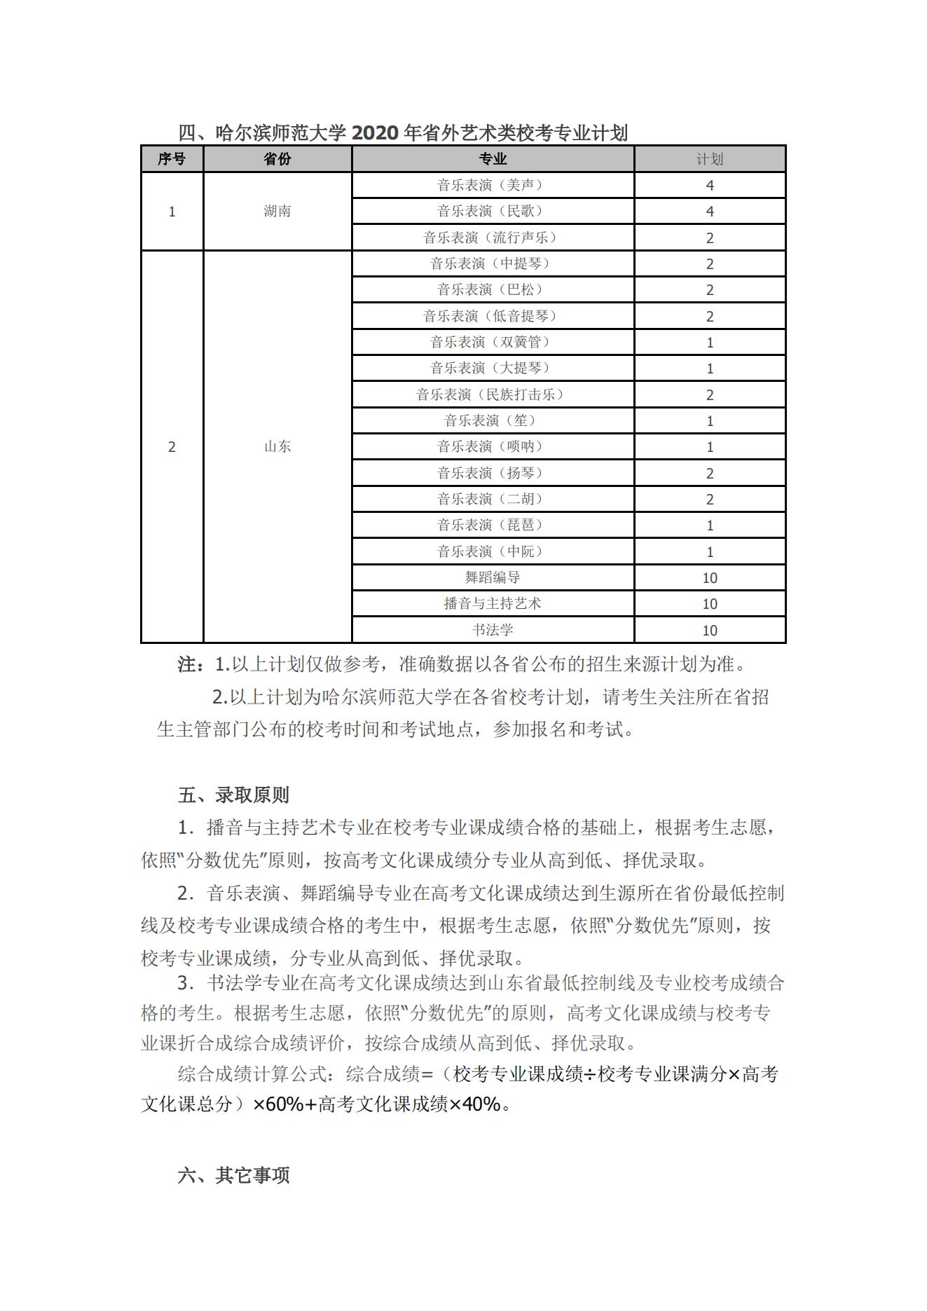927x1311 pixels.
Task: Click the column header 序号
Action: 172,159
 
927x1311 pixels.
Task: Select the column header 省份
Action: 277,159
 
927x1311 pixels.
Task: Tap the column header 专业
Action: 492,159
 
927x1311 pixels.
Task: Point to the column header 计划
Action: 709,159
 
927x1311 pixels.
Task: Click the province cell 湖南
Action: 277,211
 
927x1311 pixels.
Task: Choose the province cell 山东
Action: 277,446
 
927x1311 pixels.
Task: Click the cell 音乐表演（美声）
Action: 492,185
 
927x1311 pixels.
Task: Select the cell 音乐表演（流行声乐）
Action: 492,238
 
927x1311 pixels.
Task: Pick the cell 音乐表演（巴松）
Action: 492,289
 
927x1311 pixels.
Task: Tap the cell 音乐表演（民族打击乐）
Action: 492,394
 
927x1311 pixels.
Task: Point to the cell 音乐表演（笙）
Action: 492,420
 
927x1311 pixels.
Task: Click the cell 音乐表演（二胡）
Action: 492,499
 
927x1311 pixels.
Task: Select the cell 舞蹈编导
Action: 492,577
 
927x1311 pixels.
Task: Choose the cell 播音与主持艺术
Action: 492,603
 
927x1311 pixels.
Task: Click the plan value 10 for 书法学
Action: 709,630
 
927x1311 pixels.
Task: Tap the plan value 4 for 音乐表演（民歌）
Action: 709,211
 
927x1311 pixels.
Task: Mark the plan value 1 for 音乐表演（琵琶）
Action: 709,525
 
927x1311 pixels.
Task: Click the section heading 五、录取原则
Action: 233,795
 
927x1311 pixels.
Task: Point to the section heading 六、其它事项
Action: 233,1175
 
